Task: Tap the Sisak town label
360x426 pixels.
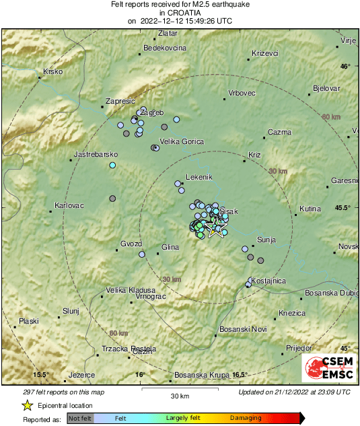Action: tap(229, 211)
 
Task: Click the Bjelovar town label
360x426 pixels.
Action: tap(326, 89)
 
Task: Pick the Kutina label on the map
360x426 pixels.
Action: tap(310, 209)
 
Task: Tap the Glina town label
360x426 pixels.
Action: tap(171, 248)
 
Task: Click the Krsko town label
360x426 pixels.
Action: tap(52, 71)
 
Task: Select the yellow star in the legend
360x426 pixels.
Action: tap(27, 405)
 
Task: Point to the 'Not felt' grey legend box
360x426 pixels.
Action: tap(80, 418)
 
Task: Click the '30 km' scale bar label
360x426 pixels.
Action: tap(179, 395)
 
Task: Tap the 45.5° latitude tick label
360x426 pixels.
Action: tap(343, 208)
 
